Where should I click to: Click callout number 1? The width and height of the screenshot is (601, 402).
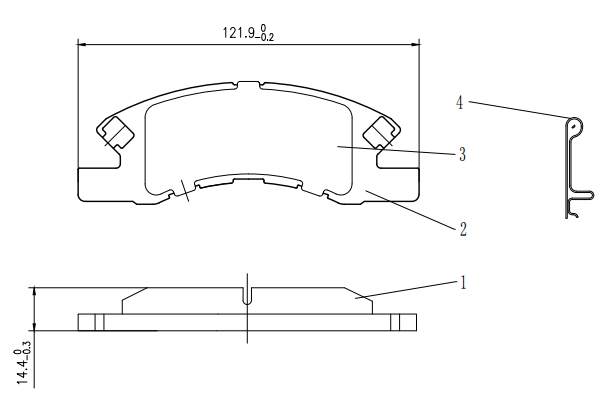click(463, 283)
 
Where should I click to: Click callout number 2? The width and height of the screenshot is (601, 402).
click(463, 229)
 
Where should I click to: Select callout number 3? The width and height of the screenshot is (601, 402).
click(462, 154)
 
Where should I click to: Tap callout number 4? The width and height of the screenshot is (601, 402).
click(460, 103)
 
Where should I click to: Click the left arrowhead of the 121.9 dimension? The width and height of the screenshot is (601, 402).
click(82, 44)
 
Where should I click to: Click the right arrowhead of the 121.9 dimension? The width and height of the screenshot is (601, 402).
click(415, 44)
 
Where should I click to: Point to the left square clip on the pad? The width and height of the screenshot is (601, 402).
click(116, 132)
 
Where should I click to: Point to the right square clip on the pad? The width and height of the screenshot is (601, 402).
click(381, 132)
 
